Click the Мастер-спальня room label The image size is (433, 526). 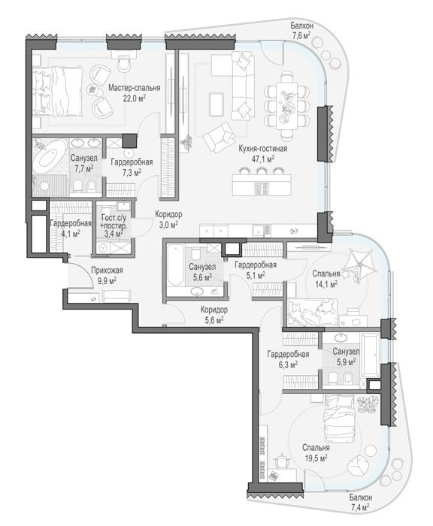click(134, 88)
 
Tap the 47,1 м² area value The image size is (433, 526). click(263, 159)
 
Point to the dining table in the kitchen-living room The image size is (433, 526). click(286, 106)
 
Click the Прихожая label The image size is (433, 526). click(107, 271)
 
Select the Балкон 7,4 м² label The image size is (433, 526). click(360, 502)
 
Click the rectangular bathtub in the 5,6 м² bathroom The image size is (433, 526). click(175, 265)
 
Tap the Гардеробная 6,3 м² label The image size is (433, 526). click(288, 359)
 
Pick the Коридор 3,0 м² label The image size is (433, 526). click(168, 219)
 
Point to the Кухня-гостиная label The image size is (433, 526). click(262, 149)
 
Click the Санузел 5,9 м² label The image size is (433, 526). click(346, 357)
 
